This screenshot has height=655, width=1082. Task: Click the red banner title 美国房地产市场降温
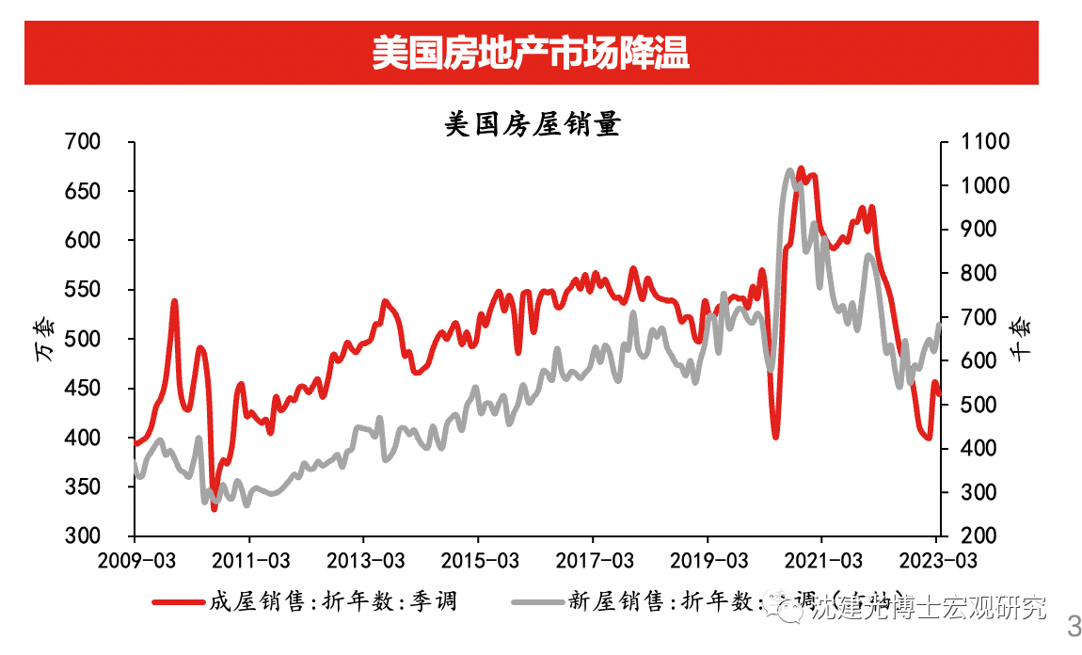click(x=531, y=54)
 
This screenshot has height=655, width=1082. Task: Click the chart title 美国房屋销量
click(x=532, y=124)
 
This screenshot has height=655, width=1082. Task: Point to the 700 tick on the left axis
click(x=82, y=142)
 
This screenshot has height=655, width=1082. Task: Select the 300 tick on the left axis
click(x=82, y=536)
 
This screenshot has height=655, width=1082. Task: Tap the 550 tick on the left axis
click(x=82, y=290)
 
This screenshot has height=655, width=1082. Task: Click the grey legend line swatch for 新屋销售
click(x=535, y=600)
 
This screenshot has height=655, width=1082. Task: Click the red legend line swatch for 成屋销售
click(x=178, y=600)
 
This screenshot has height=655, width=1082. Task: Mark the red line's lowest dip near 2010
click(x=215, y=508)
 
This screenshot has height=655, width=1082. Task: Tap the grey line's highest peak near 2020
click(x=789, y=171)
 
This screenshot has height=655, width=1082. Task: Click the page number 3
click(x=1072, y=625)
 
